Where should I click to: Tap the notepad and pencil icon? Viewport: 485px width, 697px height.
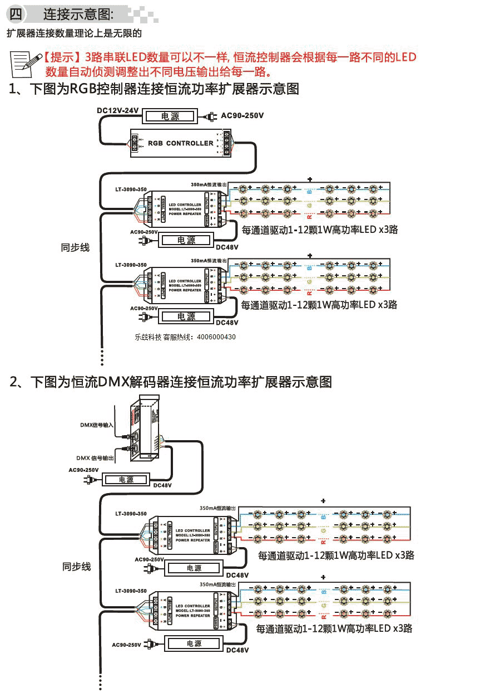click(x=26, y=63)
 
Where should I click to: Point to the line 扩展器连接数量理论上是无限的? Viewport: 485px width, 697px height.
click(x=74, y=33)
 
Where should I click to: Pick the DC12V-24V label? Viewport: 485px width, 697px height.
click(x=117, y=110)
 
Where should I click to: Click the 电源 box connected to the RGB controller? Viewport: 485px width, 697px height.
click(x=170, y=116)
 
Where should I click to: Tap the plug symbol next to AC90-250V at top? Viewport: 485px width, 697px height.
click(x=210, y=116)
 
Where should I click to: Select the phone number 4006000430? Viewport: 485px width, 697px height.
click(x=216, y=337)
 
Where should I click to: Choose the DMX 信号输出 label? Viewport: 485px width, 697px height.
click(x=95, y=458)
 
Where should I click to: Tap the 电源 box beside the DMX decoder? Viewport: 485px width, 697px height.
click(x=126, y=480)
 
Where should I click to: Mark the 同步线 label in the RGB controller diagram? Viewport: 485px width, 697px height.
click(x=75, y=247)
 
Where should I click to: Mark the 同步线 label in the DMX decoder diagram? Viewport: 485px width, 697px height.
click(x=76, y=567)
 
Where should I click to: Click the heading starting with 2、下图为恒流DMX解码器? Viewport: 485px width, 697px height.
click(x=171, y=382)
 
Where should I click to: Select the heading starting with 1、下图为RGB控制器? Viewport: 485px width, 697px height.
click(x=154, y=89)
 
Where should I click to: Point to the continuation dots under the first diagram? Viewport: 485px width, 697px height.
click(x=102, y=355)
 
